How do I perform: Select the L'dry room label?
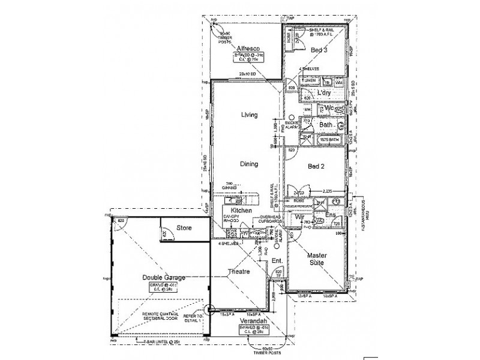click(x=324, y=94)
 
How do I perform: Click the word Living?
click(x=249, y=115)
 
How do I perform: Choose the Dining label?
click(x=249, y=163)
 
